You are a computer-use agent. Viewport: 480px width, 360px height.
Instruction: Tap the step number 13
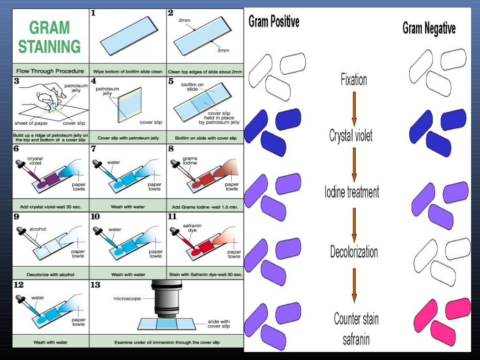95,285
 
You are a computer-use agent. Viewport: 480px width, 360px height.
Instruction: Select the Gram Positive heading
274,21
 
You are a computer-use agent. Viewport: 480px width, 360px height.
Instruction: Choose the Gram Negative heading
429,28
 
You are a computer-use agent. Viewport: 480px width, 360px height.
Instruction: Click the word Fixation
354,79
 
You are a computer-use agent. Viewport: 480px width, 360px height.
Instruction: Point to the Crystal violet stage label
351,136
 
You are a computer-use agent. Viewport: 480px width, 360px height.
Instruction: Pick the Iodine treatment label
352,192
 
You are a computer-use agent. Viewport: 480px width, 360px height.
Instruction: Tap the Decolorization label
354,252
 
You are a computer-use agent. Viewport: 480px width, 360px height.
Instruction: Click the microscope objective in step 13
167,303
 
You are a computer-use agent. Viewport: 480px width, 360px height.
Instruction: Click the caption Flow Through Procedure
51,71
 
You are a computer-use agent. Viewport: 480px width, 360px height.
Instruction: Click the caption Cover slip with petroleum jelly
127,138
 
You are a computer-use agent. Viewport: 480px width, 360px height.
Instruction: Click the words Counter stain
356,319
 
